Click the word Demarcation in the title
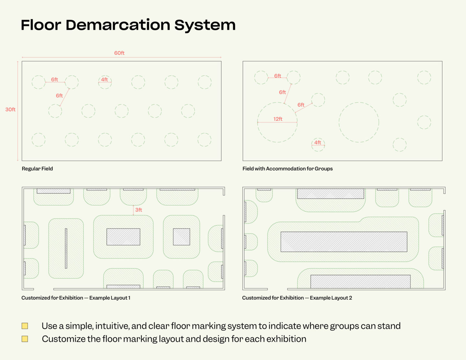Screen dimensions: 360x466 pos(118,25)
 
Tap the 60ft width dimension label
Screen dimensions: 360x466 pos(119,53)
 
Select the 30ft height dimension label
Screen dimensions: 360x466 pos(10,110)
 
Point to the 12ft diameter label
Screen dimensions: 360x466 pos(278,119)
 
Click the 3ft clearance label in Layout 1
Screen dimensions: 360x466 pos(139,210)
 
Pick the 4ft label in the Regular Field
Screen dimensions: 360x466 pos(104,80)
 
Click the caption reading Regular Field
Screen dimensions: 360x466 pos(37,169)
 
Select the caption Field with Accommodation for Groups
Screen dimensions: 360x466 pos(287,169)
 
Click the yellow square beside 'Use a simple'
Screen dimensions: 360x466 pos(25,326)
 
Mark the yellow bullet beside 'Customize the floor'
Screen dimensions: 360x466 pos(25,339)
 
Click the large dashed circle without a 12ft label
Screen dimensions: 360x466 pos(359,122)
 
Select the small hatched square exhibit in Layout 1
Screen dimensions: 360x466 pos(181,237)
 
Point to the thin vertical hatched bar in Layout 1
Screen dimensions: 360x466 pos(66,248)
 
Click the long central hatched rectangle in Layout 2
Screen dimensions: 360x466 pos(344,242)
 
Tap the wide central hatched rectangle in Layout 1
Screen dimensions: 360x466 pos(123,237)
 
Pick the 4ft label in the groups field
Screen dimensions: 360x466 pos(318,142)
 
